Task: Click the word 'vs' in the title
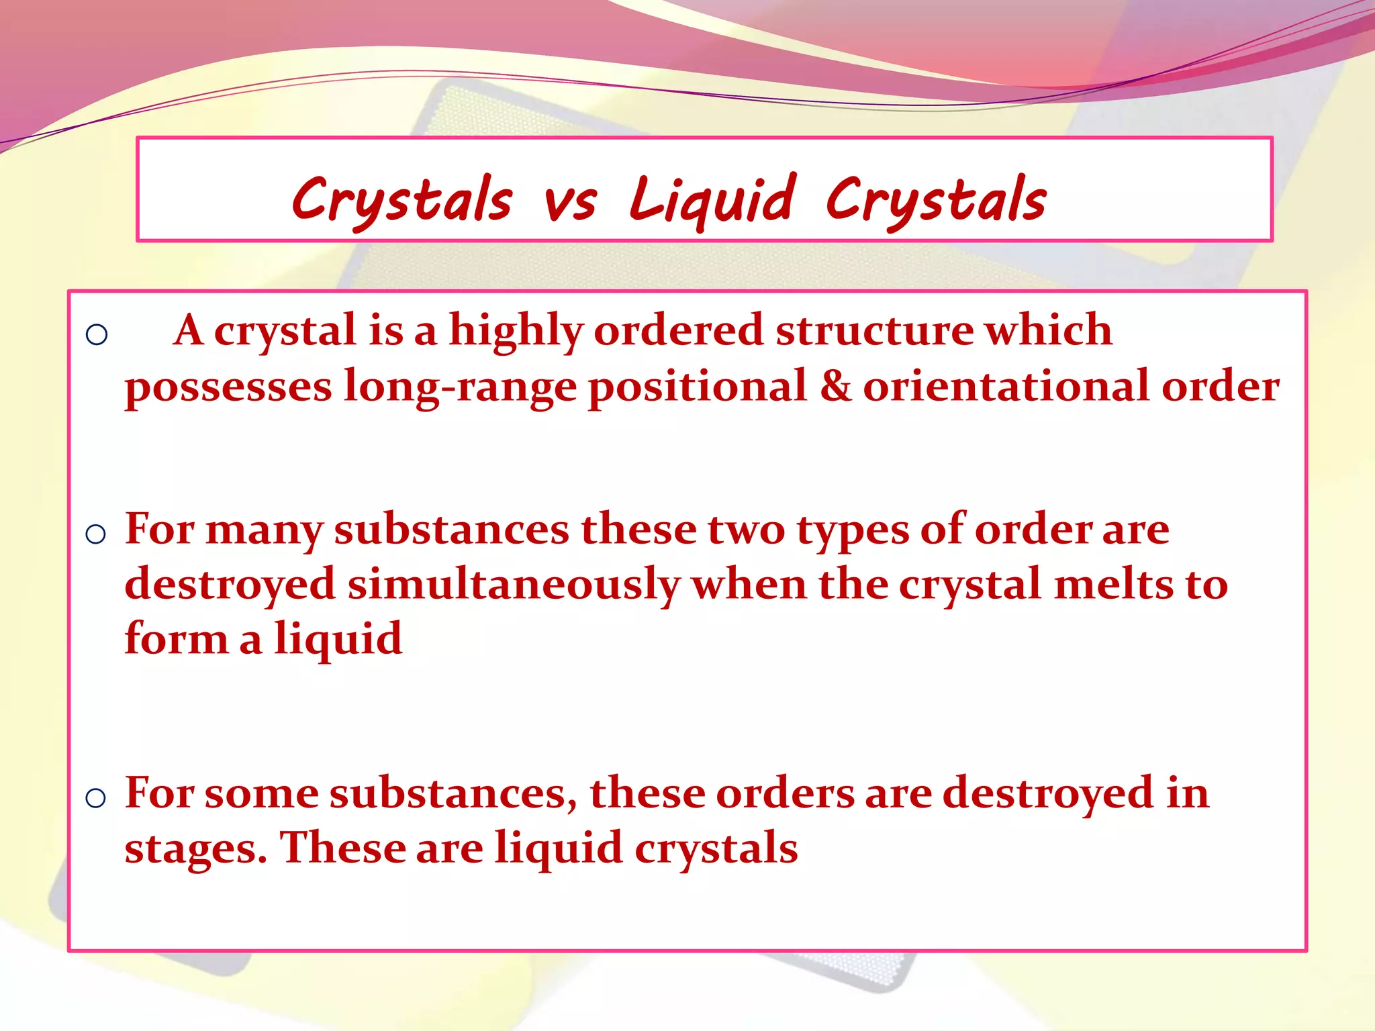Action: tap(570, 202)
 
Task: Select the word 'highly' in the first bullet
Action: tap(516, 331)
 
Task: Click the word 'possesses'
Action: tap(228, 388)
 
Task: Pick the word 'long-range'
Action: tap(460, 388)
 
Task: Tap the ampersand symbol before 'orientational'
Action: tap(835, 387)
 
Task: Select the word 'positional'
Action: tap(698, 387)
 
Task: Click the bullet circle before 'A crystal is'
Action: tap(97, 334)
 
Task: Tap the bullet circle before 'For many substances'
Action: tap(96, 534)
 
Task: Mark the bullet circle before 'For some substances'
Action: tap(96, 798)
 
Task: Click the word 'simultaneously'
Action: tap(514, 585)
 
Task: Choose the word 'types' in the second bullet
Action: tap(853, 530)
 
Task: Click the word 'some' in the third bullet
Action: tap(261, 794)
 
